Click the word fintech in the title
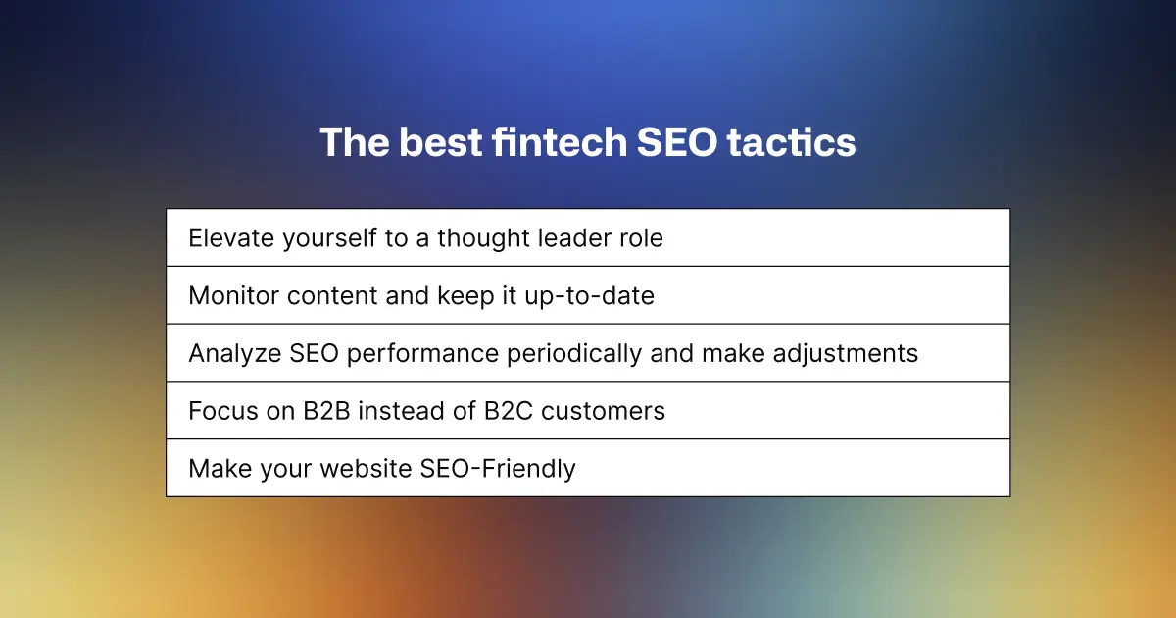coord(560,142)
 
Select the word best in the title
coord(440,142)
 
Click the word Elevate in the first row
coord(231,238)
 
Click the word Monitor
coord(233,296)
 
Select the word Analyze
coord(235,354)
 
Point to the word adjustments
coord(845,354)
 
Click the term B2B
coord(326,411)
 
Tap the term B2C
coord(509,411)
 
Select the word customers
coord(603,411)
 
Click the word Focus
coord(223,411)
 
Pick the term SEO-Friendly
coord(498,469)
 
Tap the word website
coord(366,469)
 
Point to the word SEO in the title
coord(677,142)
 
